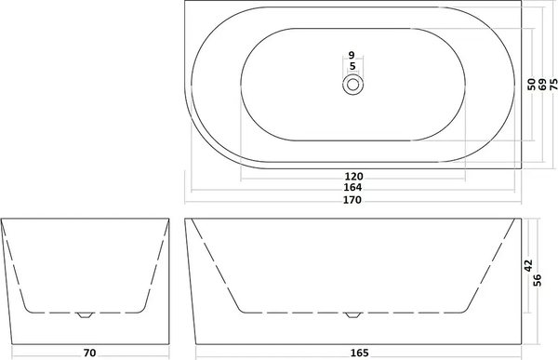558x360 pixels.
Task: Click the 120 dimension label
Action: click(352, 176)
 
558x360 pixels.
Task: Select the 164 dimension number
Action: click(352, 187)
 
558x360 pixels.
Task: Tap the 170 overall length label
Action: click(352, 198)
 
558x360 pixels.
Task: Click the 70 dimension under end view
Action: click(87, 352)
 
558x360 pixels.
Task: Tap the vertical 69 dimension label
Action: click(542, 84)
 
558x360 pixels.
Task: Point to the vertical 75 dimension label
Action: click(552, 84)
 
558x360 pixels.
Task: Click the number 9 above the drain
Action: click(352, 56)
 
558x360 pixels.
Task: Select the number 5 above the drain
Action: click(352, 67)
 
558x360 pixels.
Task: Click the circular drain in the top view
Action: click(352, 85)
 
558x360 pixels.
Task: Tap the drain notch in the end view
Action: click(86, 314)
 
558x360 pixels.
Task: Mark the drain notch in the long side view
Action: click(352, 314)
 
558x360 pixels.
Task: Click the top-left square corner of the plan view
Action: click(185, 4)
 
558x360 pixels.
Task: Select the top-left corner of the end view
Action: click(2, 220)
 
